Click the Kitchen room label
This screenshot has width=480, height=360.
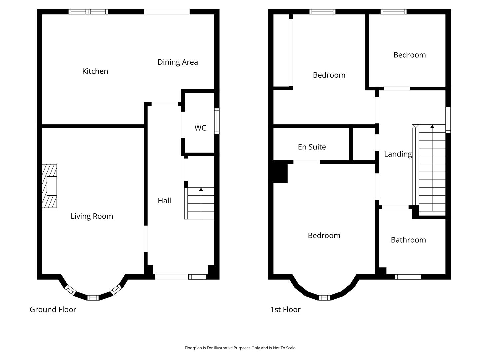(95, 71)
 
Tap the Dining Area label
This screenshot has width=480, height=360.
(178, 62)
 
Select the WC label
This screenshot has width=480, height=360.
(200, 128)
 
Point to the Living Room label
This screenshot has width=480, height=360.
(92, 216)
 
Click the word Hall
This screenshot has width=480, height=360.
(164, 201)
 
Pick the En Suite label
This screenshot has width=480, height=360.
(312, 147)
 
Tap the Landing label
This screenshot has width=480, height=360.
(398, 154)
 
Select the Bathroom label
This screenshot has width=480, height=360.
(408, 240)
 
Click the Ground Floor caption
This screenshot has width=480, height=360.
(53, 310)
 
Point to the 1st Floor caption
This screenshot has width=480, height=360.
(285, 310)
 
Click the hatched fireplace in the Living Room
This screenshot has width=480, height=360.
(49, 186)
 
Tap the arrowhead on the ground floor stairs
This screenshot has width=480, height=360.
(201, 190)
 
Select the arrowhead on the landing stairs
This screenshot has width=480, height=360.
(432, 126)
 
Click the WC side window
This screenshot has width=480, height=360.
(217, 121)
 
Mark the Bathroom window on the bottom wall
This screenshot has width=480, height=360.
(408, 277)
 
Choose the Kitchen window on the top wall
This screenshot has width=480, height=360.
(88, 12)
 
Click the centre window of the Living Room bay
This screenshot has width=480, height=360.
(93, 298)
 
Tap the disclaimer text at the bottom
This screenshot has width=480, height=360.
(240, 348)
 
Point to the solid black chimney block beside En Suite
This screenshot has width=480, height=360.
(280, 172)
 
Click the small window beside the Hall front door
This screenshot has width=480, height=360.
(197, 277)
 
